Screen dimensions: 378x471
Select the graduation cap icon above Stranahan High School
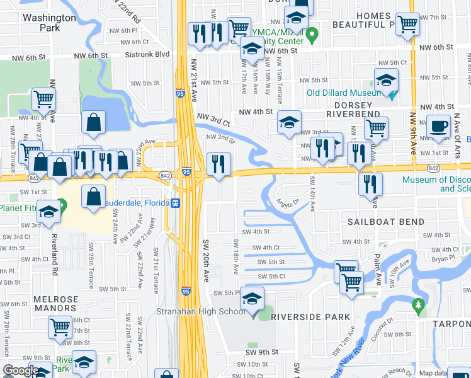(252, 299)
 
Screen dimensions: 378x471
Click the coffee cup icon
(438, 125)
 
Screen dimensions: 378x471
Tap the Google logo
(20, 370)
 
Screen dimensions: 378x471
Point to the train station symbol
(177, 203)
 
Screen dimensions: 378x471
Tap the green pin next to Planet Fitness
(60, 206)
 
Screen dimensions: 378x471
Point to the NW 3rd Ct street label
(213, 118)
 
